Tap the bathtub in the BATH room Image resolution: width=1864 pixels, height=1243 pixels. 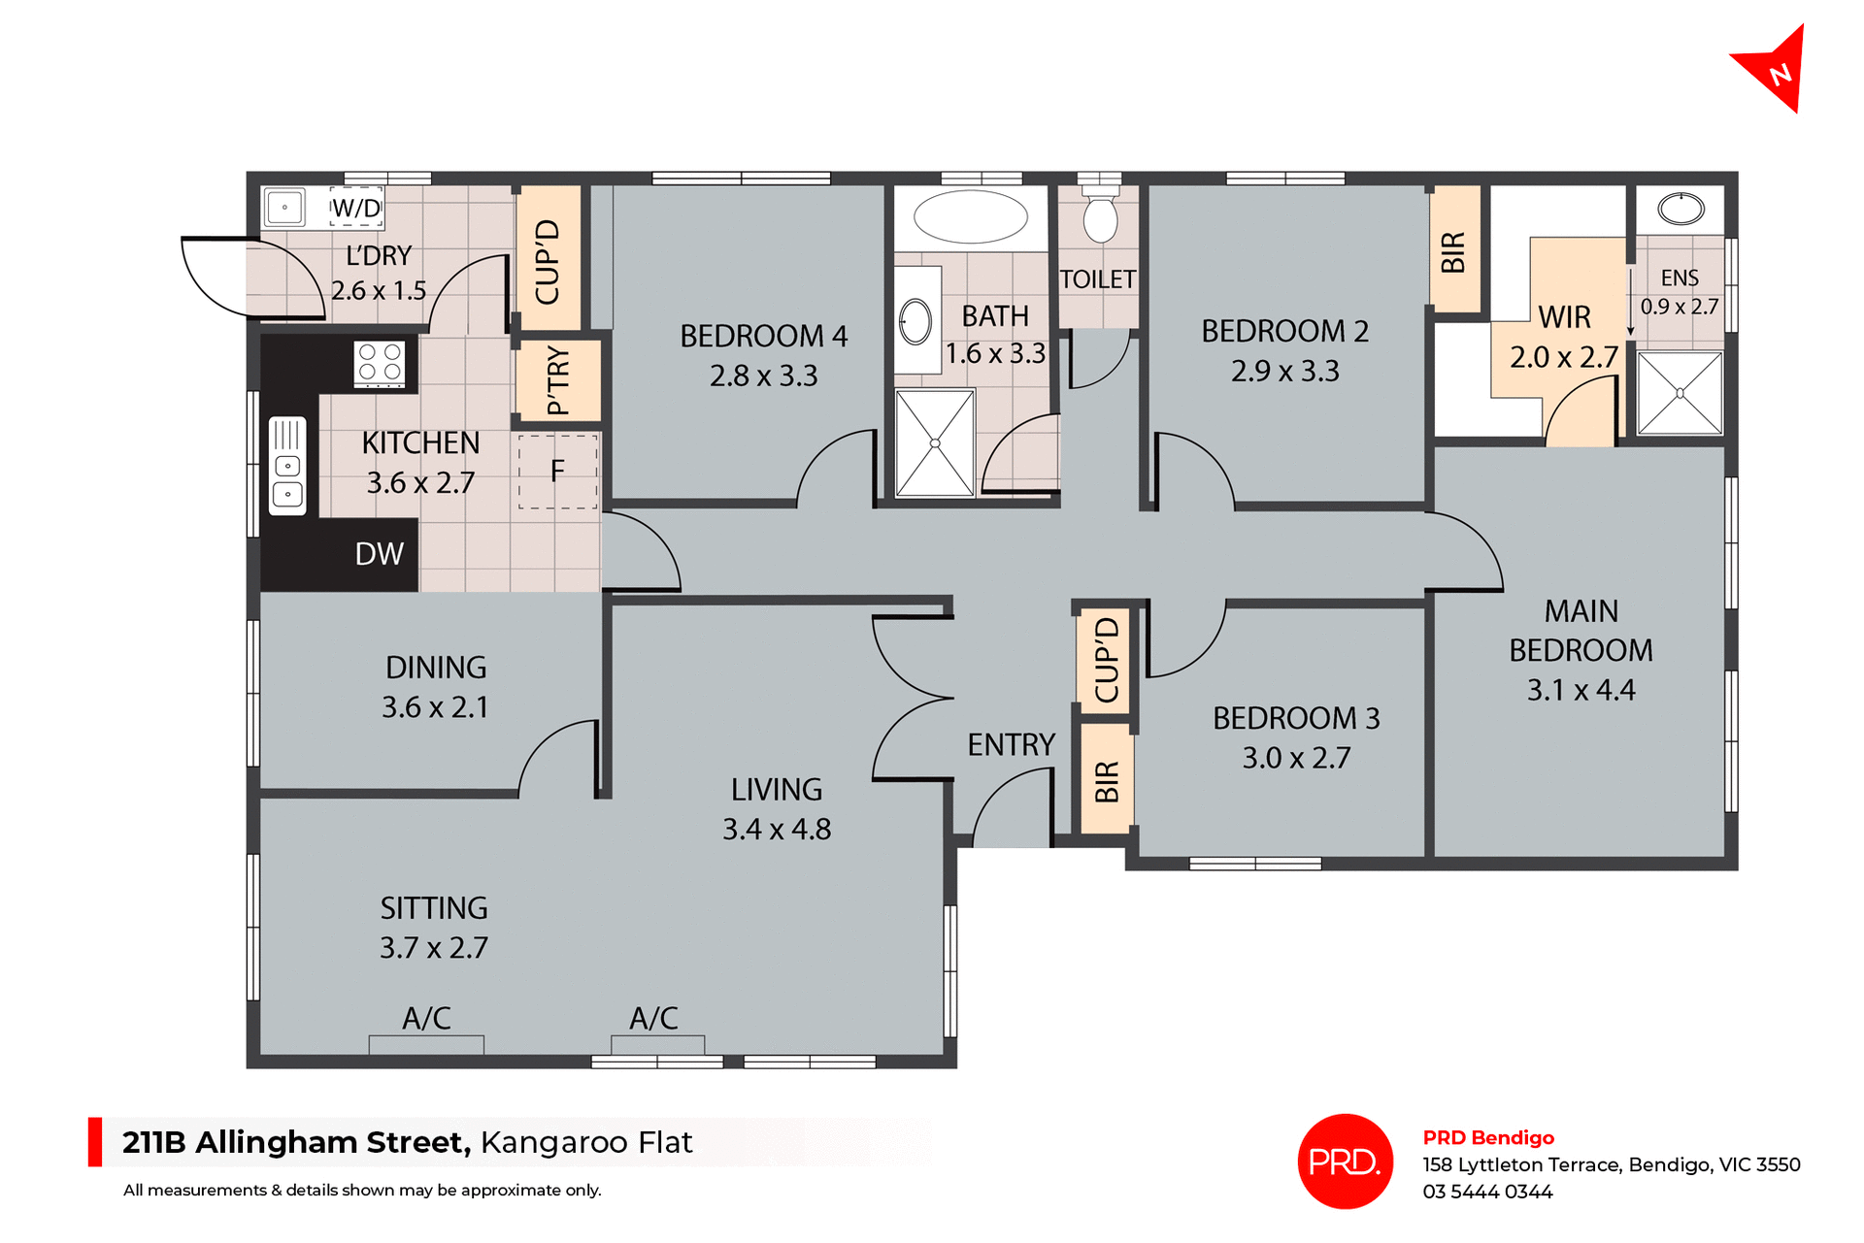[970, 216]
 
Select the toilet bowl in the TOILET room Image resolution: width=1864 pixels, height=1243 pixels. [1100, 218]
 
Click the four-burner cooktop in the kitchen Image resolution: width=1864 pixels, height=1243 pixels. [380, 364]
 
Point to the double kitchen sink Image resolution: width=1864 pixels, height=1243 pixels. [287, 466]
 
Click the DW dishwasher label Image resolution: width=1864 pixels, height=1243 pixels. [379, 554]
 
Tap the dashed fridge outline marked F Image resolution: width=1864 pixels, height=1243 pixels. [557, 472]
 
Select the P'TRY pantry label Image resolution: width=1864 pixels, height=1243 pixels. [557, 379]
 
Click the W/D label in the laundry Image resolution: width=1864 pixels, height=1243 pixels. [356, 208]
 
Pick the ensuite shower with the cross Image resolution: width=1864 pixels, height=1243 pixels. [1680, 393]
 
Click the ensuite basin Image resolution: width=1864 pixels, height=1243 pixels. [1681, 209]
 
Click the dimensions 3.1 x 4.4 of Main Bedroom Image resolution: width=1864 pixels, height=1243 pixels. [1581, 690]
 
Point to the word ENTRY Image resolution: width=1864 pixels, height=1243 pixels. [1011, 744]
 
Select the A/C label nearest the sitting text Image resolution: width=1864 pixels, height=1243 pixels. [426, 1018]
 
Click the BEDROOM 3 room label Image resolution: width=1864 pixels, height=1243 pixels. [1296, 718]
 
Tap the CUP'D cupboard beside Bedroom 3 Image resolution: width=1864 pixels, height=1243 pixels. [1107, 661]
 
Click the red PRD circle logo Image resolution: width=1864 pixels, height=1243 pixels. [1345, 1161]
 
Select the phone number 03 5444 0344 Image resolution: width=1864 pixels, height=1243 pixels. [1487, 1192]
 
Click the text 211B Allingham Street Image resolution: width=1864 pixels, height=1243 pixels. [296, 1142]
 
